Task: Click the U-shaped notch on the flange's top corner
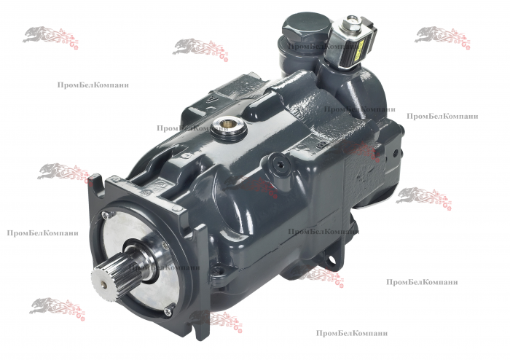coord(96,177)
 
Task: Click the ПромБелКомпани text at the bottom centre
coord(352,333)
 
